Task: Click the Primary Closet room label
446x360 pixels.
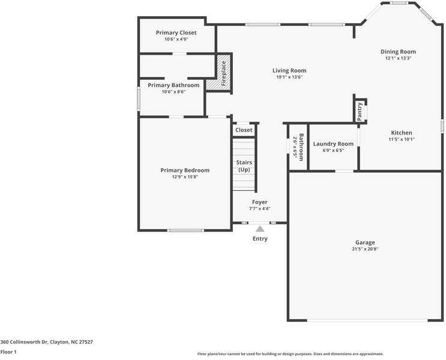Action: click(176, 32)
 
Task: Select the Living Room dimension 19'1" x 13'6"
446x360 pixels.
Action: click(289, 77)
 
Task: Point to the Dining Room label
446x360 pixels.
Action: click(398, 52)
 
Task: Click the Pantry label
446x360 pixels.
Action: click(360, 112)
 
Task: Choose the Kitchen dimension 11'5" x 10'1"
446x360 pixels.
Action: click(402, 139)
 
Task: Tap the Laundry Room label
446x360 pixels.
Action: click(333, 144)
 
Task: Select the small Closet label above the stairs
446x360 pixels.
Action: click(244, 130)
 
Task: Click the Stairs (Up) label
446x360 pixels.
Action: click(244, 166)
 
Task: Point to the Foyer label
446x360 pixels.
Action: click(259, 202)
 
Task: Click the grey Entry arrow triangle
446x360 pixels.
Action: click(260, 229)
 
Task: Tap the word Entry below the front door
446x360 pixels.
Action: click(260, 239)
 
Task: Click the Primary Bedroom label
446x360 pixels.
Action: click(185, 170)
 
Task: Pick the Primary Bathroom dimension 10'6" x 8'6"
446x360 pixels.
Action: click(173, 92)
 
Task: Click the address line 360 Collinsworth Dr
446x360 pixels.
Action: click(47, 341)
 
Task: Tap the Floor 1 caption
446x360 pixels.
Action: click(8, 352)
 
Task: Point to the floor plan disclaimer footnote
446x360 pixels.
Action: click(290, 354)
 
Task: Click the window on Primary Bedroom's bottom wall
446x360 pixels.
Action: click(185, 230)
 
